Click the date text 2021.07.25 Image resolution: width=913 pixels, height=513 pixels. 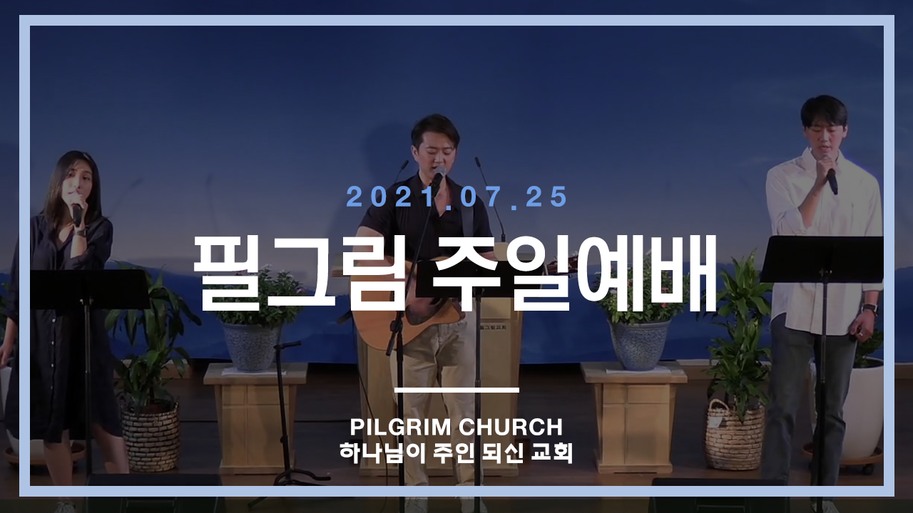coord(456,197)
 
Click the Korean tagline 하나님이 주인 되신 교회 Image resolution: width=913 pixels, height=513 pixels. coord(456,452)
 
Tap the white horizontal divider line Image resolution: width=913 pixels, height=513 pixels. coord(457,390)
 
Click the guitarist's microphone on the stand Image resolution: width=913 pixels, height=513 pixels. coord(438,176)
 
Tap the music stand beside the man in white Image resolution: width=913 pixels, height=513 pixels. coord(821,260)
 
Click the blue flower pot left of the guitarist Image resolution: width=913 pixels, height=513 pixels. coord(252,346)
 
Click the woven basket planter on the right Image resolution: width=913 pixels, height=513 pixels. coord(735,435)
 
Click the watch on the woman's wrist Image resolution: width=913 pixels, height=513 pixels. coord(80,232)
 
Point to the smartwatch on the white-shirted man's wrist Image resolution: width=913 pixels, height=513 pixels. coord(870,309)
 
